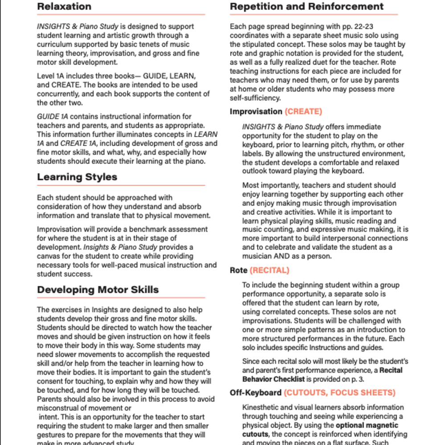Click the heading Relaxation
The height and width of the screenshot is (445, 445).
[x=64, y=7]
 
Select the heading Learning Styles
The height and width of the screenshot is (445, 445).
[x=77, y=177]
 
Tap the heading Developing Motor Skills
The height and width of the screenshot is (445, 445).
[x=98, y=290]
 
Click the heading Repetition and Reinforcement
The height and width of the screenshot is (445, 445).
[x=306, y=7]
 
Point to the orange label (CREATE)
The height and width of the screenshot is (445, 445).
[x=303, y=111]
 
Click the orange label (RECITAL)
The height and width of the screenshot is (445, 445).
[x=269, y=270]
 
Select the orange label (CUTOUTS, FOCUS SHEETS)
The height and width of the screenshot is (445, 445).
[x=339, y=392]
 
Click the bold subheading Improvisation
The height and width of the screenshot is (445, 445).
[x=256, y=111]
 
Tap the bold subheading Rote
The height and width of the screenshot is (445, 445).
[x=238, y=270]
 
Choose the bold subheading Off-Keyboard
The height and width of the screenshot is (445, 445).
[x=256, y=392]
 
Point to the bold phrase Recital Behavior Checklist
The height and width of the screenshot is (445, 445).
[x=323, y=375]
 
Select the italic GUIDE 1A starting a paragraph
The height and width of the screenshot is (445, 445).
[x=53, y=117]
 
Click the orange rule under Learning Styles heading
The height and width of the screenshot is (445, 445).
[x=121, y=185]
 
